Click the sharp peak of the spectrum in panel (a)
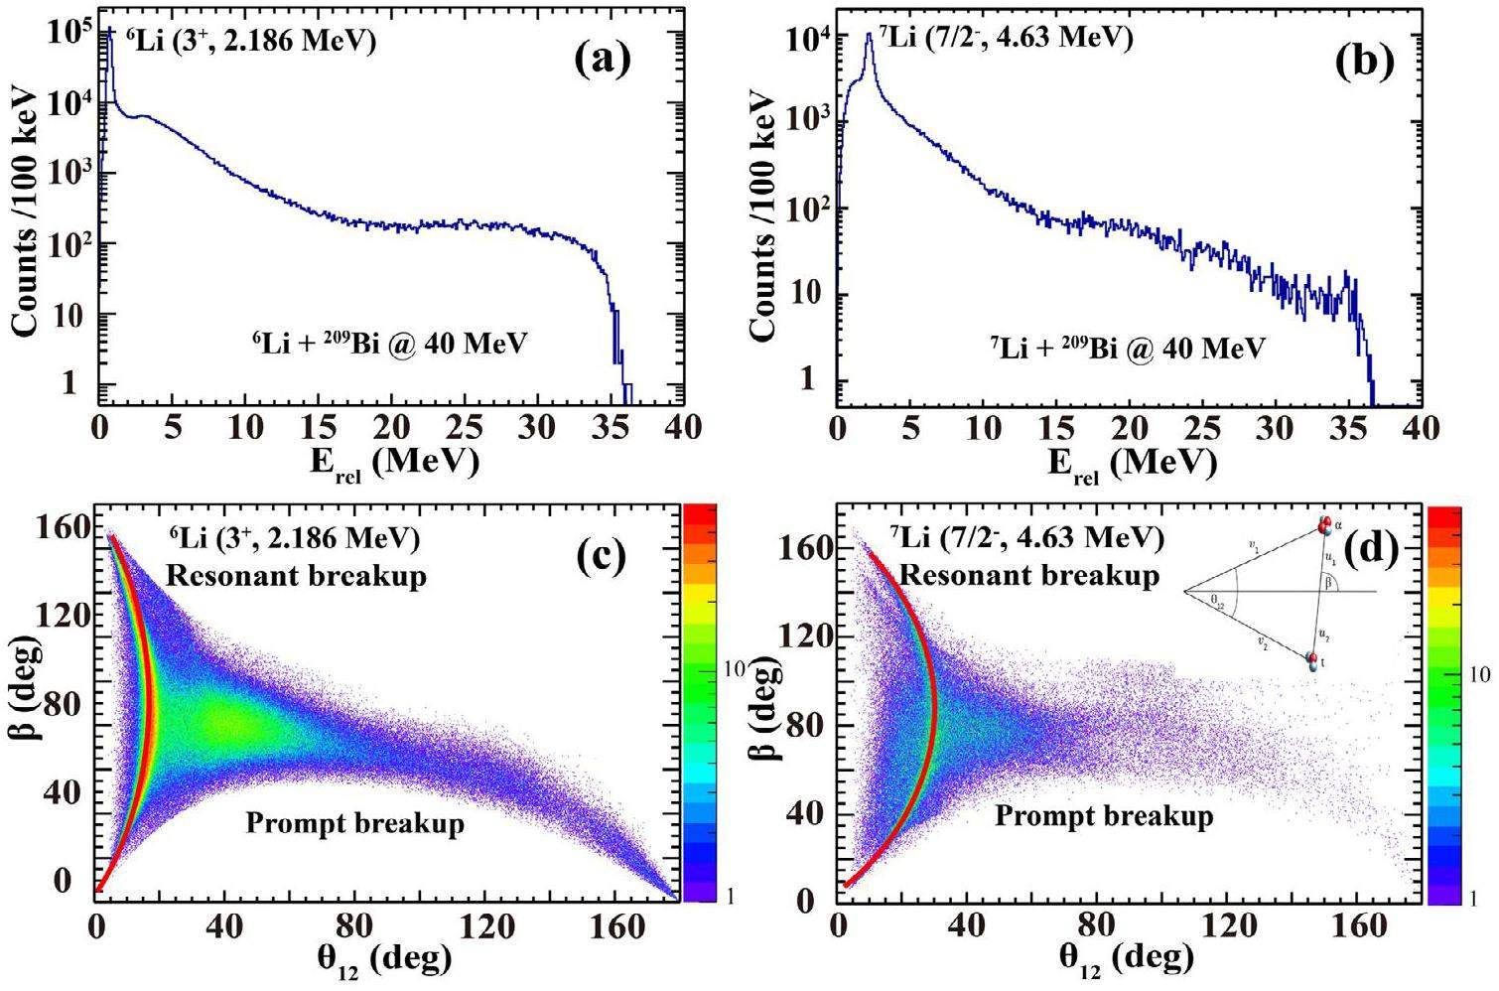pyautogui.click(x=109, y=32)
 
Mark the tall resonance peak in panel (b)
pyautogui.click(x=870, y=36)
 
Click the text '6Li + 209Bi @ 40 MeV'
pyautogui.click(x=389, y=343)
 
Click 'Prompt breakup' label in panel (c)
pyautogui.click(x=354, y=823)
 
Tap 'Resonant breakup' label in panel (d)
pyautogui.click(x=1029, y=575)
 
